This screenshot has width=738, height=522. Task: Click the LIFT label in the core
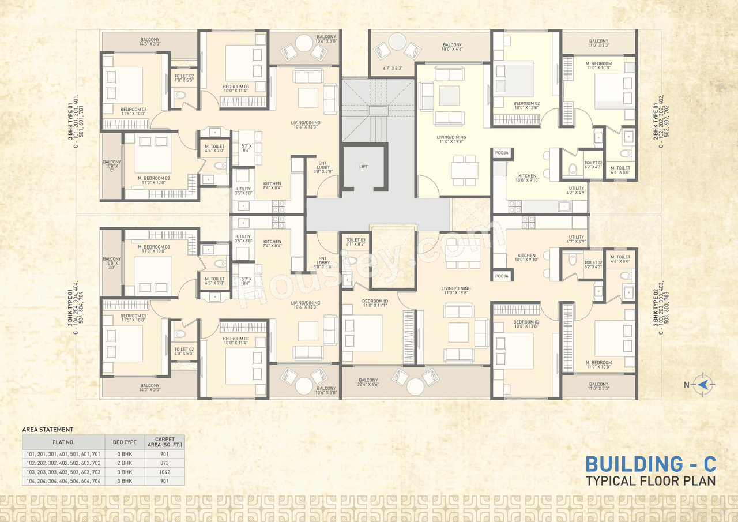click(x=363, y=167)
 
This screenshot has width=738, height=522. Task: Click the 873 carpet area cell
click(x=165, y=463)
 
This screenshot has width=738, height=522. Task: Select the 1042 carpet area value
click(x=165, y=471)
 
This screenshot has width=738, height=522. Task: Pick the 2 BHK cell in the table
click(x=125, y=463)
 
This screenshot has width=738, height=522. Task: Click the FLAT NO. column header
click(x=63, y=442)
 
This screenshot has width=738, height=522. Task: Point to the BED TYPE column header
click(x=125, y=442)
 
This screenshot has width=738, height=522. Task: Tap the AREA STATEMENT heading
click(x=48, y=430)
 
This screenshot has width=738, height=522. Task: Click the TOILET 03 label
click(x=355, y=242)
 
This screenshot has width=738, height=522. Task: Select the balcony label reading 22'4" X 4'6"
click(x=368, y=383)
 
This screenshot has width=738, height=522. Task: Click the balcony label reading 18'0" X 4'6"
click(x=452, y=48)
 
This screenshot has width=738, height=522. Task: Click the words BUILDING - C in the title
click(x=650, y=464)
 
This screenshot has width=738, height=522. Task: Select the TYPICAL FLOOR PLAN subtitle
click(x=650, y=480)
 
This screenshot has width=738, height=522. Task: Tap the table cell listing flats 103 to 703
click(x=63, y=471)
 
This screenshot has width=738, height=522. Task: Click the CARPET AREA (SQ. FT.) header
click(x=165, y=442)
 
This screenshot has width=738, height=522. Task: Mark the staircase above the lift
click(x=377, y=110)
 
